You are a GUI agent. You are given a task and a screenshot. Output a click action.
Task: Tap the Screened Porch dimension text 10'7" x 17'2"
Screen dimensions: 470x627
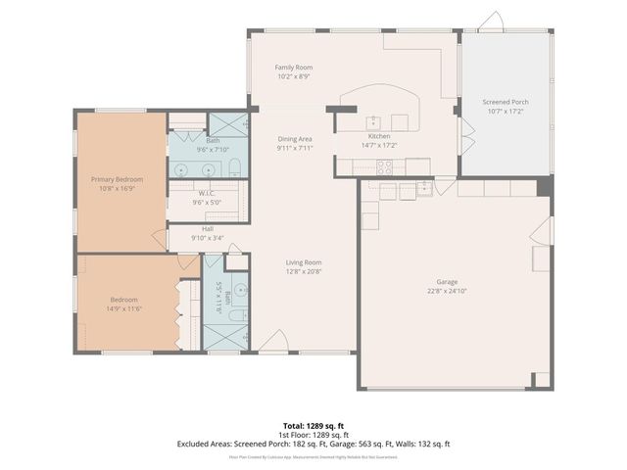pos(506,111)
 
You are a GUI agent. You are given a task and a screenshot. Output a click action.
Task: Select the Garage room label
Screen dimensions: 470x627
pos(447,281)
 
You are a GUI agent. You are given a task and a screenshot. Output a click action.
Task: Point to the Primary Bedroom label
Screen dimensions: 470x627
pos(118,179)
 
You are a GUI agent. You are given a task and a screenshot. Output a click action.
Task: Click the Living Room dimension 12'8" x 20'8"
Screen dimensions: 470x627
pos(304,272)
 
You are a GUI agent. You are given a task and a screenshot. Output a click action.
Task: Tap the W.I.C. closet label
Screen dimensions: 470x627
pos(207,193)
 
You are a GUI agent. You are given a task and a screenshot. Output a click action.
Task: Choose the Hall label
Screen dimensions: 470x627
pos(207,228)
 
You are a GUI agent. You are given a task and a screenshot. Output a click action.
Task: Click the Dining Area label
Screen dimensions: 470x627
pos(294,139)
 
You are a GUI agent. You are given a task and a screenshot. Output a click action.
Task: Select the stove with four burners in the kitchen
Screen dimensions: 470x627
pos(385,166)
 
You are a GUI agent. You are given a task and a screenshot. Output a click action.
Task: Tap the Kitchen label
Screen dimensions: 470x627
pos(379,136)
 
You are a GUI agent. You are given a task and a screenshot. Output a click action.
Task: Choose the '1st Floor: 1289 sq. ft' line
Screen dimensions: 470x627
pos(313,435)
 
